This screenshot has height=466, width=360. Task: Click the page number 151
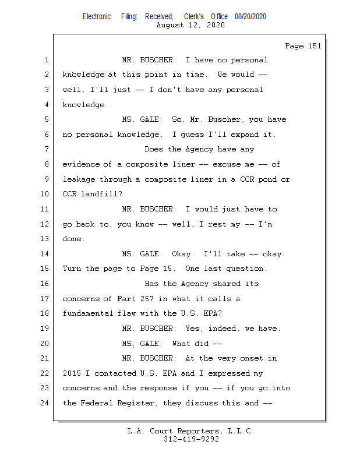point(314,46)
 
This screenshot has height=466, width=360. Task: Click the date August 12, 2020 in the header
point(190,25)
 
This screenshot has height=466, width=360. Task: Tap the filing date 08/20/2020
point(250,17)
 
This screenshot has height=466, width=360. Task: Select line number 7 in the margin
point(47,150)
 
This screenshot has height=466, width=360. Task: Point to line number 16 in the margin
point(45,284)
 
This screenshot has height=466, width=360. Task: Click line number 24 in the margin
point(45,403)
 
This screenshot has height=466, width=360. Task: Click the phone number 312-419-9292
point(190,439)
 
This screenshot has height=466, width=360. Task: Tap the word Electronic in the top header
point(97,17)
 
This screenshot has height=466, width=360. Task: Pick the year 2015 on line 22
point(72,373)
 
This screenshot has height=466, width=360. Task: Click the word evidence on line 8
point(81,164)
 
